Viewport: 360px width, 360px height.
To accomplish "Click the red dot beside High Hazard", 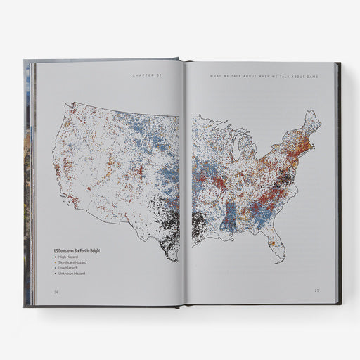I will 55,257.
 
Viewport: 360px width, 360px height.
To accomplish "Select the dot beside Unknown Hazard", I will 55,274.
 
